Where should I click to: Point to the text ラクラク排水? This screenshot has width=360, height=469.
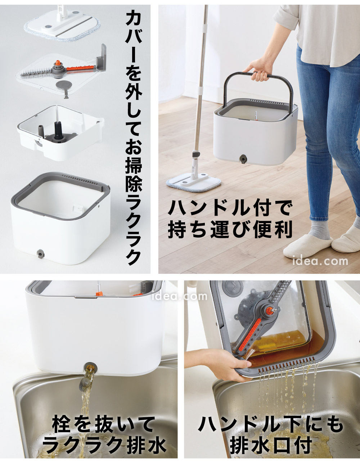click(104, 445)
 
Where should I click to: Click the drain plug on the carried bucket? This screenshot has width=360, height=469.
click(244, 158)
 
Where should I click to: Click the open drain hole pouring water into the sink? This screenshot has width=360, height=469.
click(90, 369)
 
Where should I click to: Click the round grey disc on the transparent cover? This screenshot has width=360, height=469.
click(63, 85)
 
